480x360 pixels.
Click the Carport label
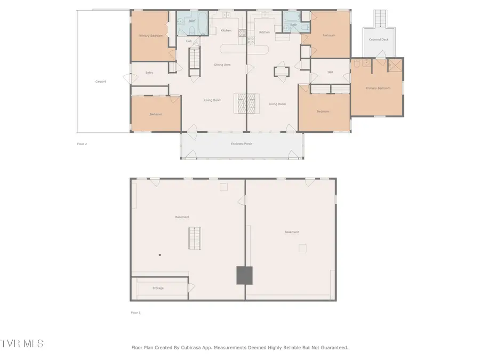coord(100,82)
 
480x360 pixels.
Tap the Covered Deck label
coord(379,39)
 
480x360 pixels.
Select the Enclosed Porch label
coord(242,144)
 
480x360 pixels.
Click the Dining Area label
coord(222,65)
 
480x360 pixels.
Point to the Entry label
coord(149,73)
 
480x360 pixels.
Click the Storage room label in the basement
coord(158,288)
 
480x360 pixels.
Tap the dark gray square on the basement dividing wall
coord(244,275)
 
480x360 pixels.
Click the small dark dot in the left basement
coord(159,255)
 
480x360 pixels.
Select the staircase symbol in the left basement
coord(195,238)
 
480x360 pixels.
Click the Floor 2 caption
coord(82,143)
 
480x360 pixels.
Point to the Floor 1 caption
coord(135,313)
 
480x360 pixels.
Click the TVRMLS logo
coord(22,343)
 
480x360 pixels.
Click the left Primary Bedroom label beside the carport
coord(150,36)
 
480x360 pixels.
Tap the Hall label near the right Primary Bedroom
coord(330,72)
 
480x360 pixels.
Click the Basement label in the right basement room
coord(291,232)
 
